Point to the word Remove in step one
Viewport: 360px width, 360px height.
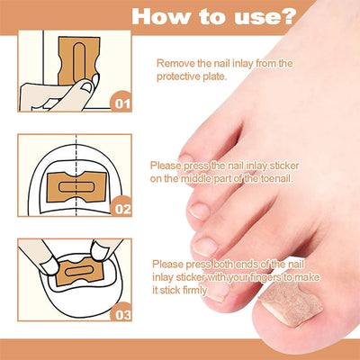pos(176,63)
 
